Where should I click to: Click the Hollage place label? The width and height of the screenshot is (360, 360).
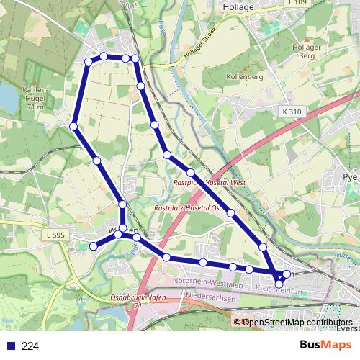(239, 6)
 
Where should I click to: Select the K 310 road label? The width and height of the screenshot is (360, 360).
(292, 112)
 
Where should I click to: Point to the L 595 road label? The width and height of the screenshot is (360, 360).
(54, 235)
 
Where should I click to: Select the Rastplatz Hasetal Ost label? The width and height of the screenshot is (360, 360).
(186, 207)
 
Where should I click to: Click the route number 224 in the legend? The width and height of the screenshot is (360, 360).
(30, 346)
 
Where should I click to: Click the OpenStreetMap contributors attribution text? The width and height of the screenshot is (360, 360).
(297, 322)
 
